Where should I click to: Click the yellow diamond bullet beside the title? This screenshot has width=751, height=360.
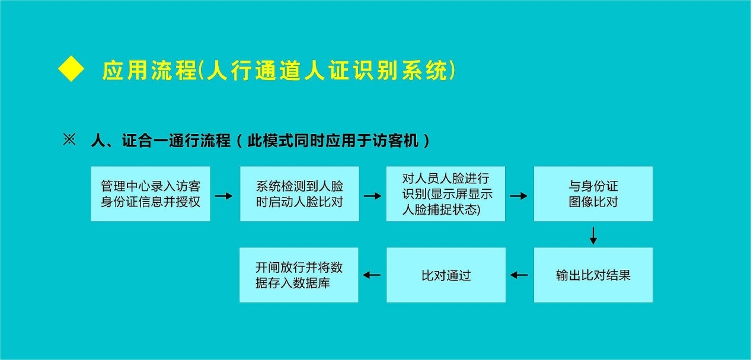(71, 70)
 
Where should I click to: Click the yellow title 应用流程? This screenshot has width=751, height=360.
(149, 71)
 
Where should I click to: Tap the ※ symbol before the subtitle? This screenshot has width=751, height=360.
(70, 141)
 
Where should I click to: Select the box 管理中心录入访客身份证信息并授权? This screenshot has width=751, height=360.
(151, 194)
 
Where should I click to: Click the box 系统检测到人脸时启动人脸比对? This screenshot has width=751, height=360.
(299, 194)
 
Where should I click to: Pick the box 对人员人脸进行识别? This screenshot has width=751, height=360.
(446, 194)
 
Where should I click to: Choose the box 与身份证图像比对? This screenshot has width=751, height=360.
(593, 194)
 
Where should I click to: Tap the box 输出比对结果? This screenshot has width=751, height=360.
(593, 275)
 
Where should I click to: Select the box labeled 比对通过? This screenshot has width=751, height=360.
(446, 275)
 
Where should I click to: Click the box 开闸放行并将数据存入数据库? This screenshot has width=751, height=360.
(299, 275)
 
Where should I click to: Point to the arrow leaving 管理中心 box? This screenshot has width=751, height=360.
(223, 195)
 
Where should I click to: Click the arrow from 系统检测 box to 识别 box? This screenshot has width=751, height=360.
(372, 195)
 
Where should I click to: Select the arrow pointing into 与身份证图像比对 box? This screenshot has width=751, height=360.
(519, 195)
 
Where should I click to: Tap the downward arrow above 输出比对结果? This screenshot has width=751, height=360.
(593, 235)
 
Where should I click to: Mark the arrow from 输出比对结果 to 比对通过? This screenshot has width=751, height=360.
(519, 275)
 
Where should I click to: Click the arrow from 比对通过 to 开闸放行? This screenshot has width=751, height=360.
(372, 275)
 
